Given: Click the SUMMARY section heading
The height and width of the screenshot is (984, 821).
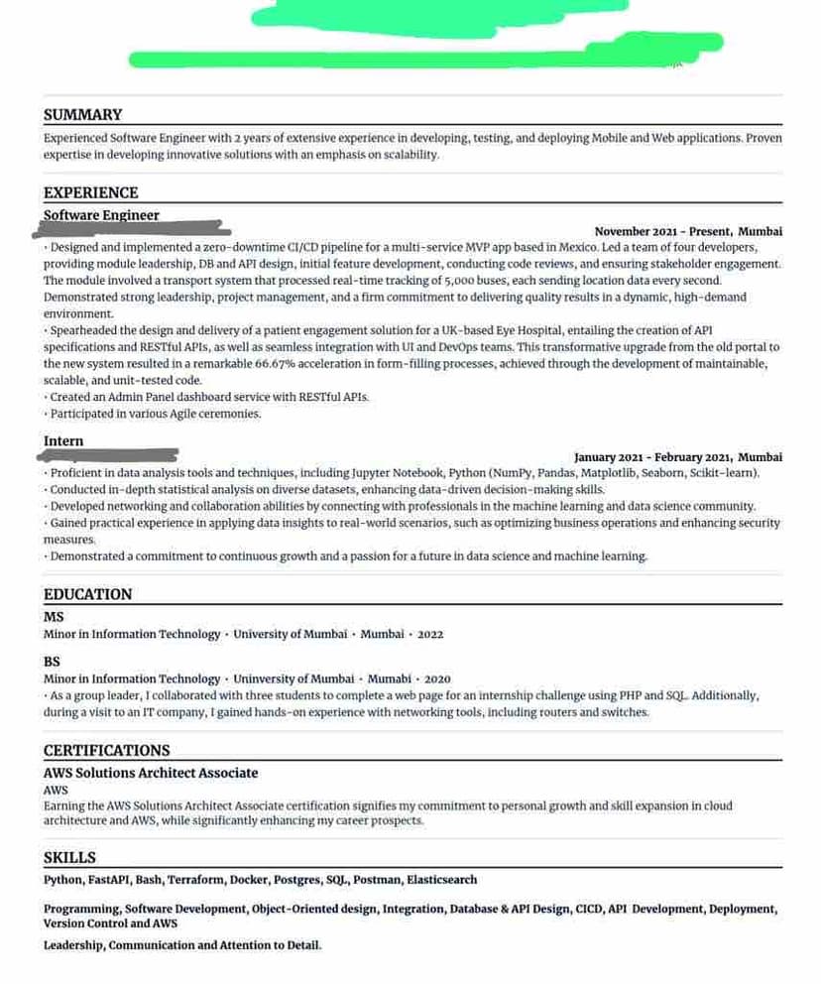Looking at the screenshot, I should (82, 115).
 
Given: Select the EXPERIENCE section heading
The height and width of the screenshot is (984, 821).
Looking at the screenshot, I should (90, 192).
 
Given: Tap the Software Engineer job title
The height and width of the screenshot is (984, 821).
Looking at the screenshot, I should (101, 215).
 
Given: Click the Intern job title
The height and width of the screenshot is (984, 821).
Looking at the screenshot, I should (63, 441).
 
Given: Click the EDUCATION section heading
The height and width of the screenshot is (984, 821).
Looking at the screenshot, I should (87, 594).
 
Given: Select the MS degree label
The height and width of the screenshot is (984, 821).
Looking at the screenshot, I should (54, 617).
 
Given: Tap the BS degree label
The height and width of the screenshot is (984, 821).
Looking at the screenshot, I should (52, 662).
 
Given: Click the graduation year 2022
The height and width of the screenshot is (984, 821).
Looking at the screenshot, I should (430, 634).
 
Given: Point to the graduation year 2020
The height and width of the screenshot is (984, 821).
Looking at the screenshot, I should (437, 678).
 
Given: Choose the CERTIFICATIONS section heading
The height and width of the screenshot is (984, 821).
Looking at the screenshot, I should (106, 751).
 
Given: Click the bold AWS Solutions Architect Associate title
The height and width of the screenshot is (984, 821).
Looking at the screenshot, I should (151, 773).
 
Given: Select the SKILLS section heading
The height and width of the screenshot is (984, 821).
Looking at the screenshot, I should (69, 858).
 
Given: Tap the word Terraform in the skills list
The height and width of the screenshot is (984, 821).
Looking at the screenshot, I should (195, 880).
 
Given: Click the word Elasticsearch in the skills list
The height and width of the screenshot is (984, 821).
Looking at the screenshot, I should (441, 880).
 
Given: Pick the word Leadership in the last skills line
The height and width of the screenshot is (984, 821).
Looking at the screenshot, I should (73, 945).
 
